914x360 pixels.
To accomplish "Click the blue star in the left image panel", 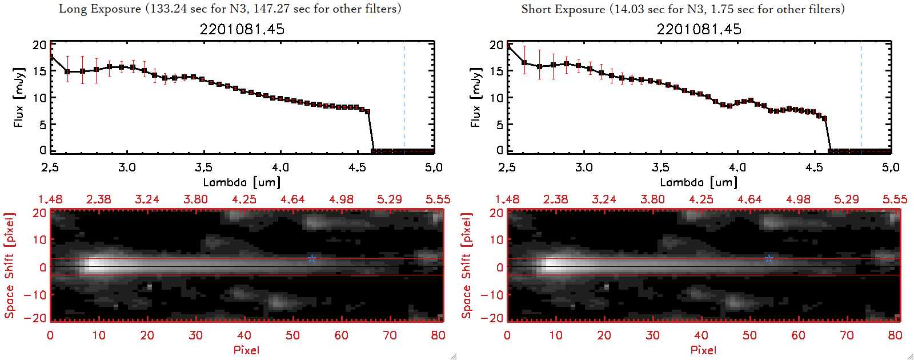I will point(312,259).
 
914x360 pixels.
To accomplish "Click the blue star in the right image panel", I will point(769,259).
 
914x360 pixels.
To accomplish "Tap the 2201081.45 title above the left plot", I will point(242,29).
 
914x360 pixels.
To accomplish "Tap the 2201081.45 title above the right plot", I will point(699,29).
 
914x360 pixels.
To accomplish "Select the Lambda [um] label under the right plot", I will point(699,182).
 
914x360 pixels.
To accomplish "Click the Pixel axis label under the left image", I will point(246,350).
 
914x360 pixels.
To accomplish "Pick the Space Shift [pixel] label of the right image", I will point(467,266).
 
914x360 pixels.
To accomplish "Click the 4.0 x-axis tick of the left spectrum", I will point(280,167).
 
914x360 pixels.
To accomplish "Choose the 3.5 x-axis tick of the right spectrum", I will point(660,167).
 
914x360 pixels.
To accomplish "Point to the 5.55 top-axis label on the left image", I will point(438,199).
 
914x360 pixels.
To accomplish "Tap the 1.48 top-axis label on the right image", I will point(507,199).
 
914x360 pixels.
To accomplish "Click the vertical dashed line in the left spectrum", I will point(404,97).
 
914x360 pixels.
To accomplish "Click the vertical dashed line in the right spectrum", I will point(861,97).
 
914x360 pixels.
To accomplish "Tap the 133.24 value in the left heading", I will point(169,9).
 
